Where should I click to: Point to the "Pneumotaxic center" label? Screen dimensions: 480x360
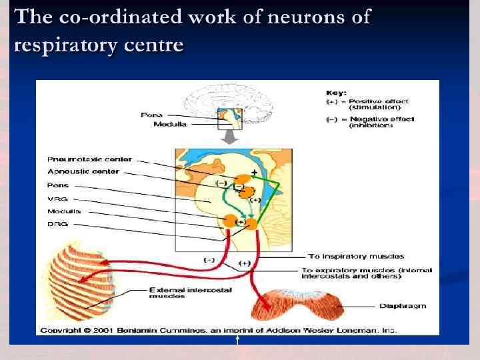point(81,159)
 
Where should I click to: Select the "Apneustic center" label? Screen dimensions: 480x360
point(74,172)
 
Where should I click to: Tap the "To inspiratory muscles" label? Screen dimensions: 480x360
point(355,257)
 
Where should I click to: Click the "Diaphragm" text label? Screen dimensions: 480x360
point(402,307)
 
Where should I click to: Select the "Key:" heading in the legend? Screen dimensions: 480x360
point(335,92)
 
